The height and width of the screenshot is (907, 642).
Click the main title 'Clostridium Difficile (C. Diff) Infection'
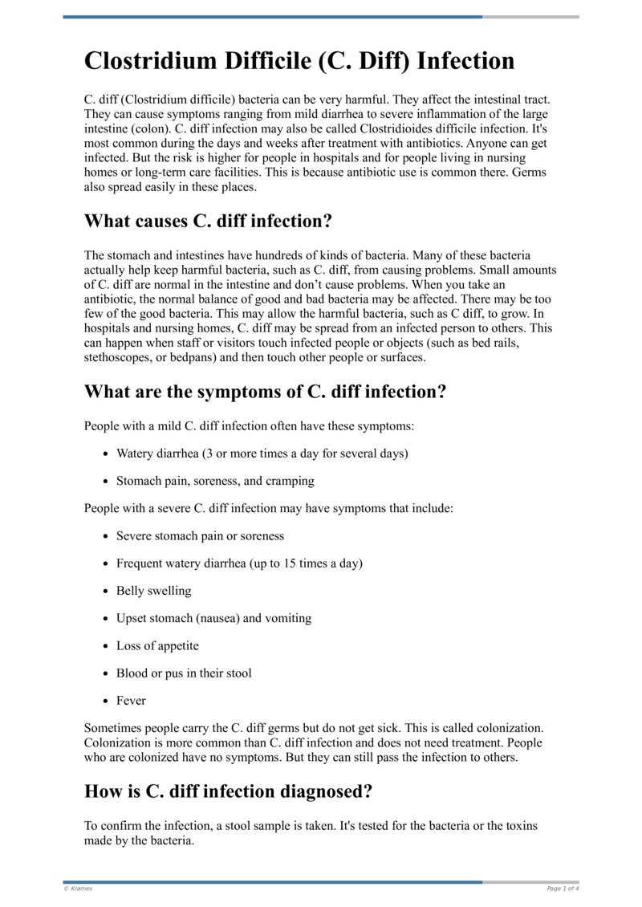(299, 61)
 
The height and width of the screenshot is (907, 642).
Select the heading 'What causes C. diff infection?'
(208, 221)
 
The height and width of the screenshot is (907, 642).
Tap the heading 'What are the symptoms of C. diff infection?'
(265, 392)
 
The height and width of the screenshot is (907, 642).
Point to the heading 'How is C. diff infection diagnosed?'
(229, 791)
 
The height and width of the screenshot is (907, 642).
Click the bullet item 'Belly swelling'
(153, 591)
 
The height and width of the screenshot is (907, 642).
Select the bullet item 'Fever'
(131, 701)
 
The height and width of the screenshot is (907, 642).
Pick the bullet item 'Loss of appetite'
(157, 646)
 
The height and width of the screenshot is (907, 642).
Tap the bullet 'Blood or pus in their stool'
(184, 673)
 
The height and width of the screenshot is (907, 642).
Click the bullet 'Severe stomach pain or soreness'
(200, 535)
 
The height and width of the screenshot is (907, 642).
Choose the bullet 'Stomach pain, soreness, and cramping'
(215, 482)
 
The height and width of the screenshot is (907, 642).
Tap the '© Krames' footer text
(78, 889)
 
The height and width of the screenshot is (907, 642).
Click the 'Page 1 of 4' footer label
(563, 889)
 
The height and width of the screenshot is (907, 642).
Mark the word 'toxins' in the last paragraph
(518, 825)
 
